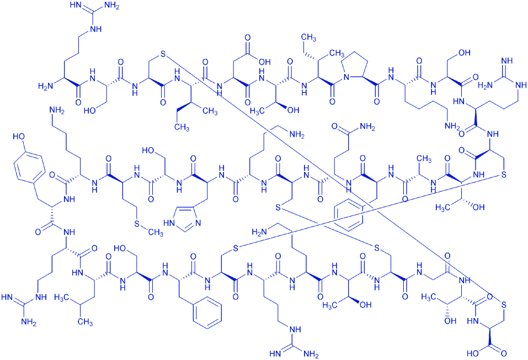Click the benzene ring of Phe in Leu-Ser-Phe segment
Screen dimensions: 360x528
(x=209, y=317)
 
